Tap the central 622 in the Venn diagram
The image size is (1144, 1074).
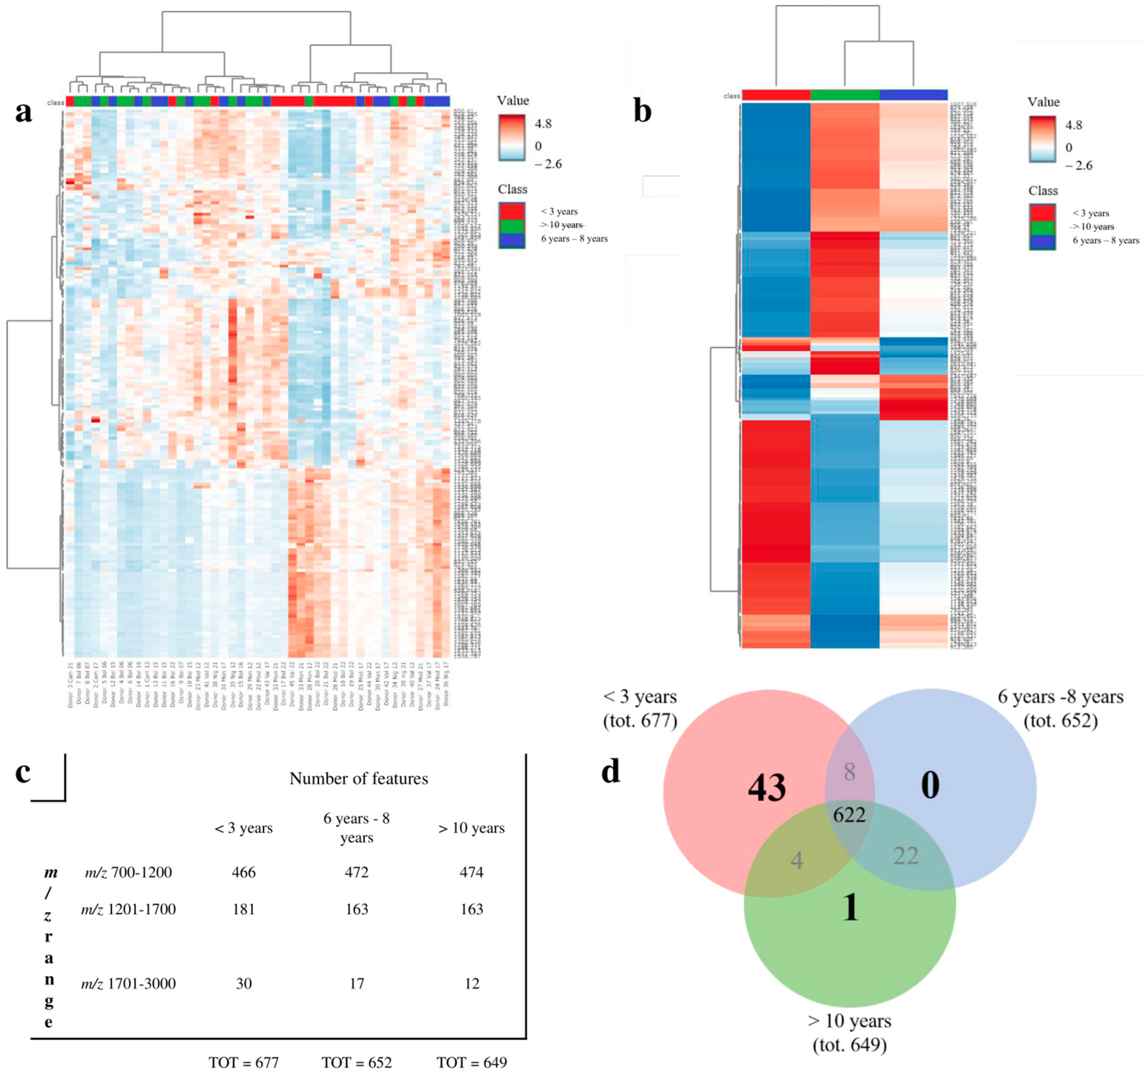point(849,815)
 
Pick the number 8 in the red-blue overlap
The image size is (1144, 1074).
point(849,772)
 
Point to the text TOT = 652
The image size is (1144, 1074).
point(357,1062)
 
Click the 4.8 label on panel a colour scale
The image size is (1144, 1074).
point(543,124)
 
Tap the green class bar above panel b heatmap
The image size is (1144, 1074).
point(845,95)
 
